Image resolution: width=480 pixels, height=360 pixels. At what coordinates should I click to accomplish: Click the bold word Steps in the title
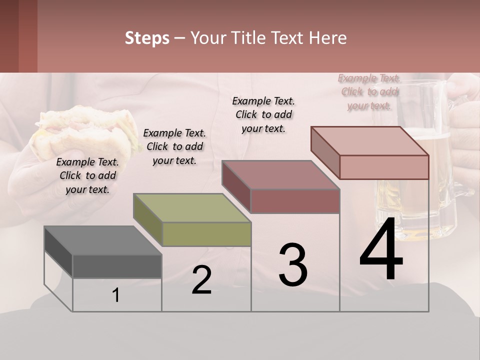(147, 38)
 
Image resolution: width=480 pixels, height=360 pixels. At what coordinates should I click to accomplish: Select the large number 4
(381, 250)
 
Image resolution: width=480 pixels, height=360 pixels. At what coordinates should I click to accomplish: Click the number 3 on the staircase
(293, 265)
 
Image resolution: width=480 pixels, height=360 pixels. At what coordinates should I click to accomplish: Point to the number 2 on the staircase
(201, 280)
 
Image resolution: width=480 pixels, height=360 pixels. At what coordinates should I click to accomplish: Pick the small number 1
(116, 295)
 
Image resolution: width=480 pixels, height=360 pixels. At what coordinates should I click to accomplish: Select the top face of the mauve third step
(280, 175)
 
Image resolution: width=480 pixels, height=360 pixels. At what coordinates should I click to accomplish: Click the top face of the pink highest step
(369, 141)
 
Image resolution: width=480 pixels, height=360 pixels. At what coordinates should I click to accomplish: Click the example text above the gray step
(88, 175)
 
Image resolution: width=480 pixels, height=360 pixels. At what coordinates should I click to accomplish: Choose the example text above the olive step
(174, 146)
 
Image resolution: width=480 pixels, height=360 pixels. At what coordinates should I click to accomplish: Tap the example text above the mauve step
(263, 114)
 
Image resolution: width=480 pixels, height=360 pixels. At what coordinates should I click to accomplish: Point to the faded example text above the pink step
(369, 91)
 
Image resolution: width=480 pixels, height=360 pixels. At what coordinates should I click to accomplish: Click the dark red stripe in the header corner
(27, 36)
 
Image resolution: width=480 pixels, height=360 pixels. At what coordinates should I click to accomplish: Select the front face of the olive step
(206, 234)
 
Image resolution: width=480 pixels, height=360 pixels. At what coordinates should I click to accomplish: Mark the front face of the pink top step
(384, 167)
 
